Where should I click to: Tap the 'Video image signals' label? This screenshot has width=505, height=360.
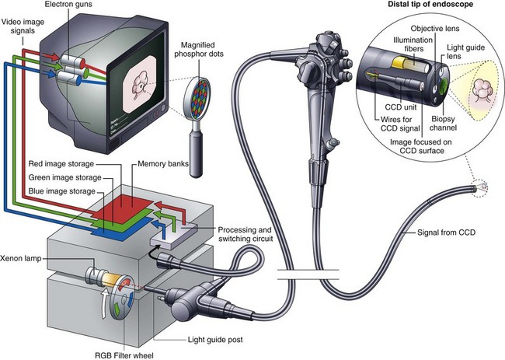(x=23, y=25)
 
